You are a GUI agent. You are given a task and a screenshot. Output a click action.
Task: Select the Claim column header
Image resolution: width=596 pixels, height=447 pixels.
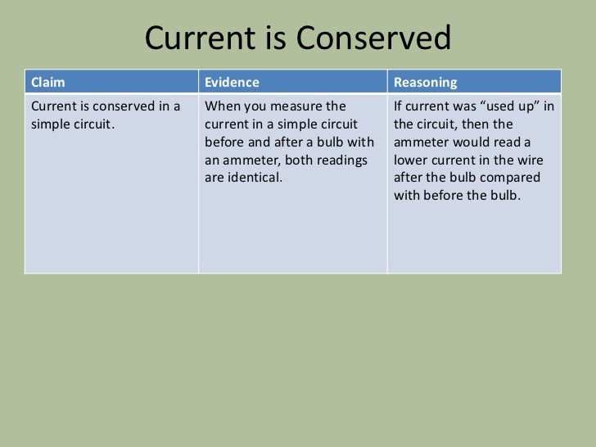(x=47, y=83)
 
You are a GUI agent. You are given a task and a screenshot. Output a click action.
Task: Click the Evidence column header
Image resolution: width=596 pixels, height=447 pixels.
(x=232, y=83)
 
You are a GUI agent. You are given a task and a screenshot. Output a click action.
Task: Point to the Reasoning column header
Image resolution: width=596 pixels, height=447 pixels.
(x=426, y=83)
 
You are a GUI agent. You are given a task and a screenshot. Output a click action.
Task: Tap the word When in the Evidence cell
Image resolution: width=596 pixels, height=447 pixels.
(x=221, y=106)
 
